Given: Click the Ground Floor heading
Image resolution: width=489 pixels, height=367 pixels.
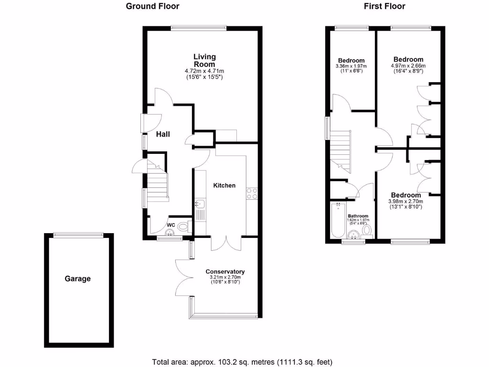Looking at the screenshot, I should [152, 6].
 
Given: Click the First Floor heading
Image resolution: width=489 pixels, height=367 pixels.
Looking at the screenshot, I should [384, 6].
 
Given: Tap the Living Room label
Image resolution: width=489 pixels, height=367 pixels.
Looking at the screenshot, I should [204, 60].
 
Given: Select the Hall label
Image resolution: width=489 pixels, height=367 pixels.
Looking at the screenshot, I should [163, 134].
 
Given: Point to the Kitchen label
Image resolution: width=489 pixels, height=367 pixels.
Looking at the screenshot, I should [224, 185].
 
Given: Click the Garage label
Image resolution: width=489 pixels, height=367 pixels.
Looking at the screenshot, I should [77, 279].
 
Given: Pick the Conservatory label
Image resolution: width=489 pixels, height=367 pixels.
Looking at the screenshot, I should [225, 271].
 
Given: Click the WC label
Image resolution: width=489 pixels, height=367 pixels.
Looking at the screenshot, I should [171, 225].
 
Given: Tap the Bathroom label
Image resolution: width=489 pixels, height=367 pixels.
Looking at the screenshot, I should [358, 216].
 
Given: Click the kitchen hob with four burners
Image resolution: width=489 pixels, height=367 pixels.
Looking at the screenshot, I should [252, 194].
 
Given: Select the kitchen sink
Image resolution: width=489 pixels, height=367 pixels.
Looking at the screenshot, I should [200, 205].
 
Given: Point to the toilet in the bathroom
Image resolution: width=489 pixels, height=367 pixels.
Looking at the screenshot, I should [367, 231].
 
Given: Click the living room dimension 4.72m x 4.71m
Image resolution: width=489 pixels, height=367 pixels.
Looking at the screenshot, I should [204, 71].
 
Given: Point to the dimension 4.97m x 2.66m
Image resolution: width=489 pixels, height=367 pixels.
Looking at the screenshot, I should [408, 66].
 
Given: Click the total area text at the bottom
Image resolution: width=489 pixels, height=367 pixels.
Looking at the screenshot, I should [242, 361].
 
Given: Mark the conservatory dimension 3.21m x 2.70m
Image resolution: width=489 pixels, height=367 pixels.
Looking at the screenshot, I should [225, 277].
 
